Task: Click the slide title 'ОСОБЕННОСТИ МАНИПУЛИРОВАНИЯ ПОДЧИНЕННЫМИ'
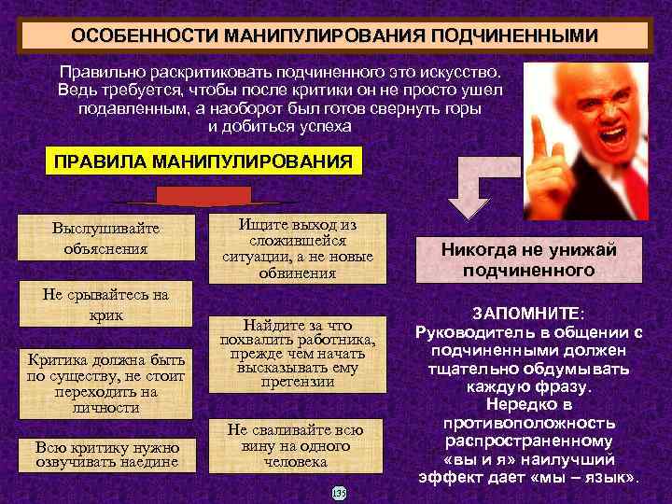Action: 335,35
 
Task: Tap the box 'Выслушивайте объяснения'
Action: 105,239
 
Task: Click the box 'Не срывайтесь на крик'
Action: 105,305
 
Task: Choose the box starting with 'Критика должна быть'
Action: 105,382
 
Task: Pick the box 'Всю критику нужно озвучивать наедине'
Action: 105,454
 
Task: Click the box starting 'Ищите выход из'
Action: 297,249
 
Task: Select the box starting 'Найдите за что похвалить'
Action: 297,353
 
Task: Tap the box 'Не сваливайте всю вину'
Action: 296,444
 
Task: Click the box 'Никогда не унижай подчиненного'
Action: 528,259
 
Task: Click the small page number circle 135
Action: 339,492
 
